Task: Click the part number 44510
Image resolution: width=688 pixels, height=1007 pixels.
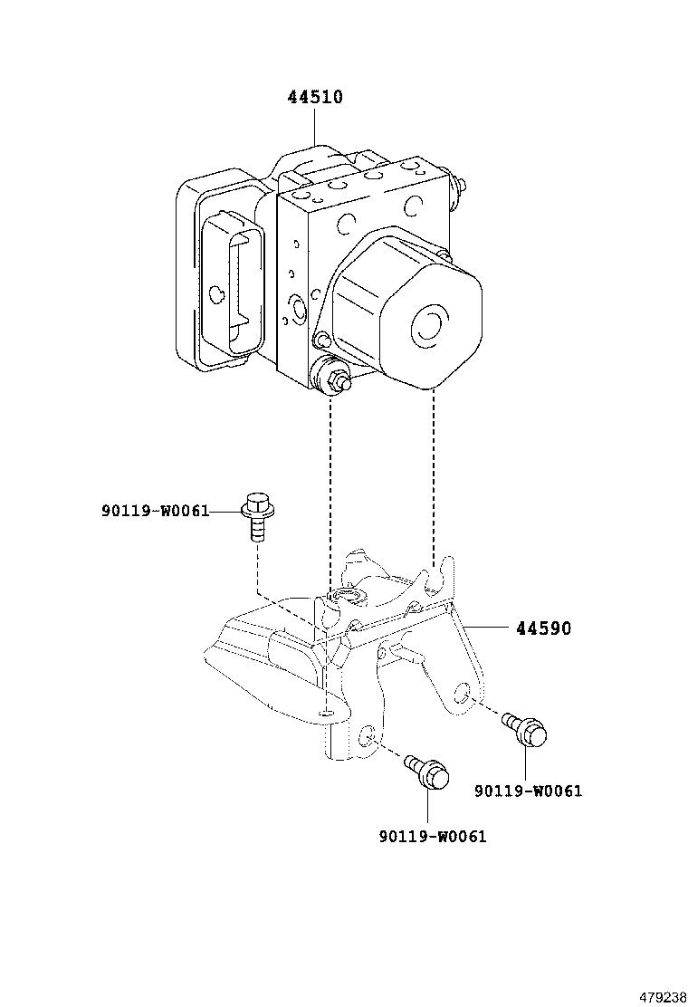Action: (315, 97)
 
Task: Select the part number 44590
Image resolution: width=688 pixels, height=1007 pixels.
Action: (543, 628)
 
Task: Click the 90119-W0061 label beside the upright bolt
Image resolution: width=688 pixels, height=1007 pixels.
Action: (155, 512)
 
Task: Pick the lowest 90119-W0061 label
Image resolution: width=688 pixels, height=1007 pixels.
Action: (432, 837)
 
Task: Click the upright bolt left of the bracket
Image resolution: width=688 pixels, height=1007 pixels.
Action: (255, 516)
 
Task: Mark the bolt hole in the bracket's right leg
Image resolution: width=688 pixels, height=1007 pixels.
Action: (462, 695)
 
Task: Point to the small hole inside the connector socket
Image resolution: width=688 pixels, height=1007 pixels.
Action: (216, 293)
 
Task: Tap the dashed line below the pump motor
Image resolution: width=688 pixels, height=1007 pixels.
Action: (435, 471)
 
